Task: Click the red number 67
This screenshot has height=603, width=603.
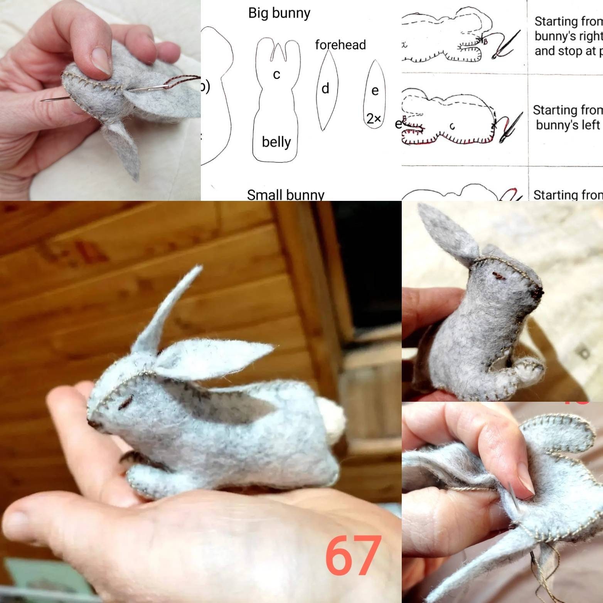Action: (x=353, y=556)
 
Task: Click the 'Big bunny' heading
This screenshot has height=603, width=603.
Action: (x=279, y=13)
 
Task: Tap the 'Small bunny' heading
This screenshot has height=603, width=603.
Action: (x=285, y=195)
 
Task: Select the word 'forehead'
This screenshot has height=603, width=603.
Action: (x=340, y=45)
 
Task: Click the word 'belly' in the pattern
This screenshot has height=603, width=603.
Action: (x=276, y=142)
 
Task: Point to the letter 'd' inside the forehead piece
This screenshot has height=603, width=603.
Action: (x=325, y=89)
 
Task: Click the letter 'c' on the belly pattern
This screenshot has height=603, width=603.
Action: (x=276, y=74)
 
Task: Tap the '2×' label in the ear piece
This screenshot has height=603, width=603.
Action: (x=373, y=119)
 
